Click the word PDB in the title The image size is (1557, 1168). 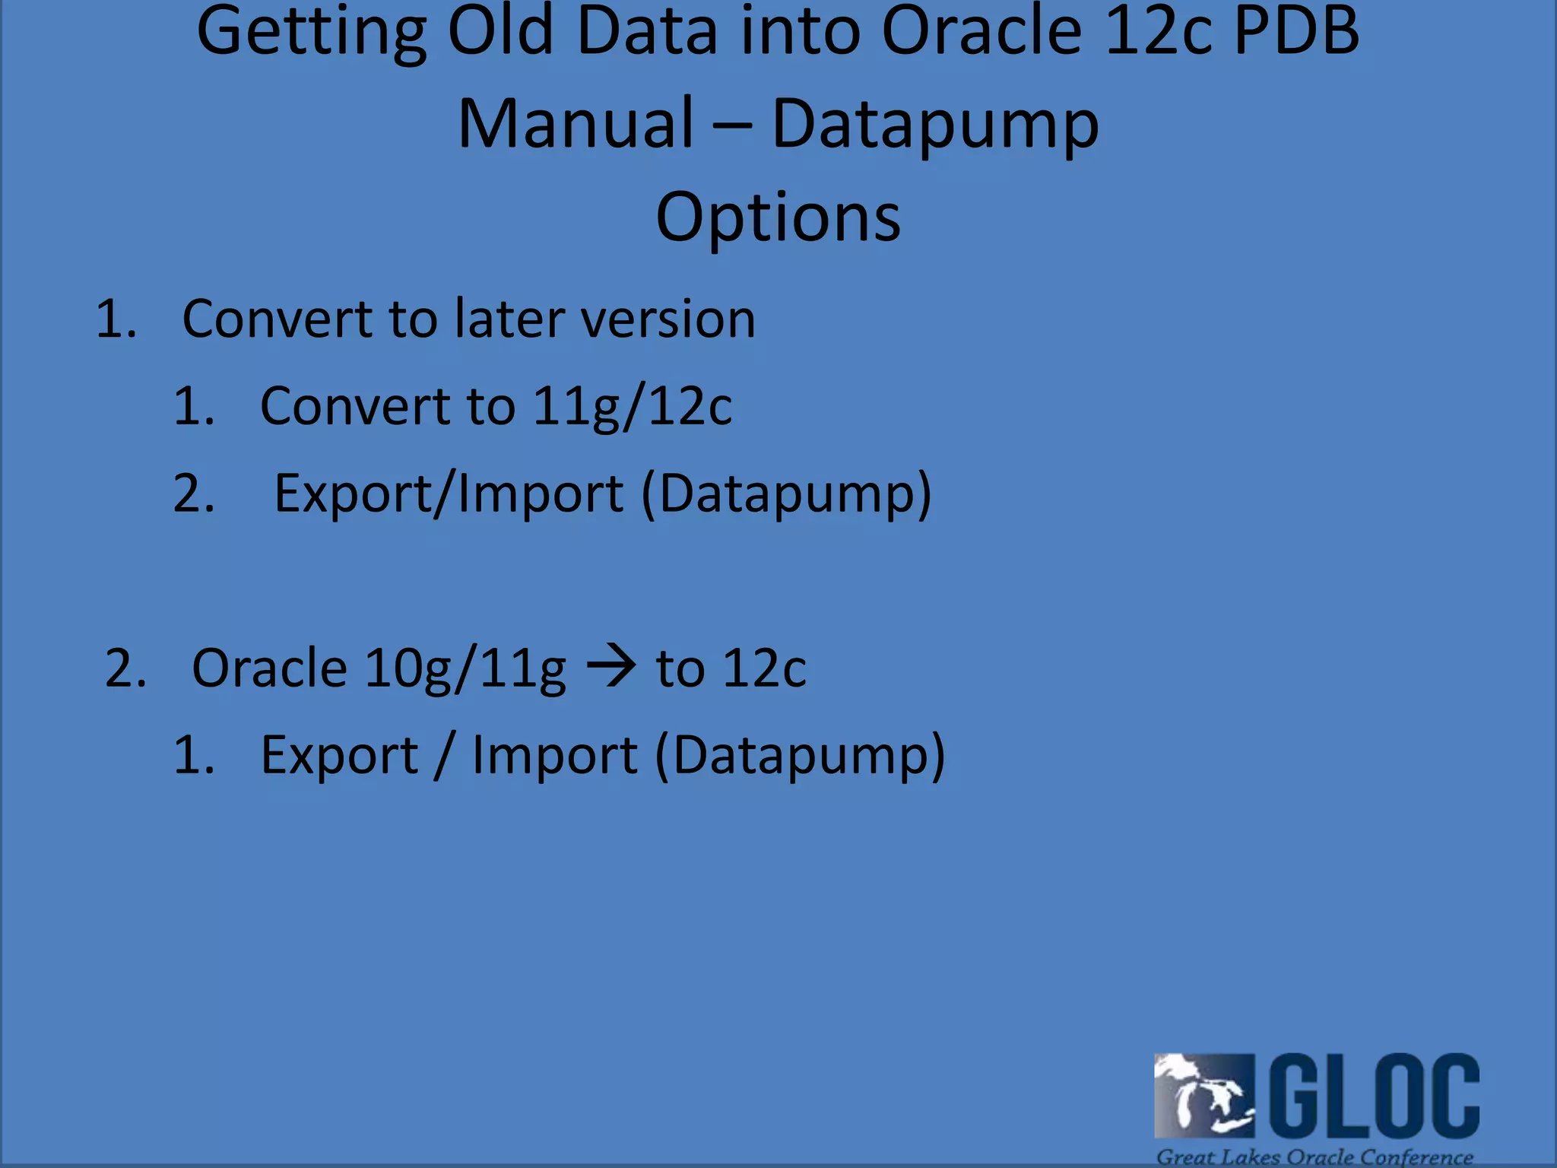point(1296,32)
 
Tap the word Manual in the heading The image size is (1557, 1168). point(576,124)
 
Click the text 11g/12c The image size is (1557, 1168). point(632,407)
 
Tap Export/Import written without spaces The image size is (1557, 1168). point(449,494)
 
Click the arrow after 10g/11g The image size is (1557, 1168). point(611,667)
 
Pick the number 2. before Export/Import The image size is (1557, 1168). point(194,494)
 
